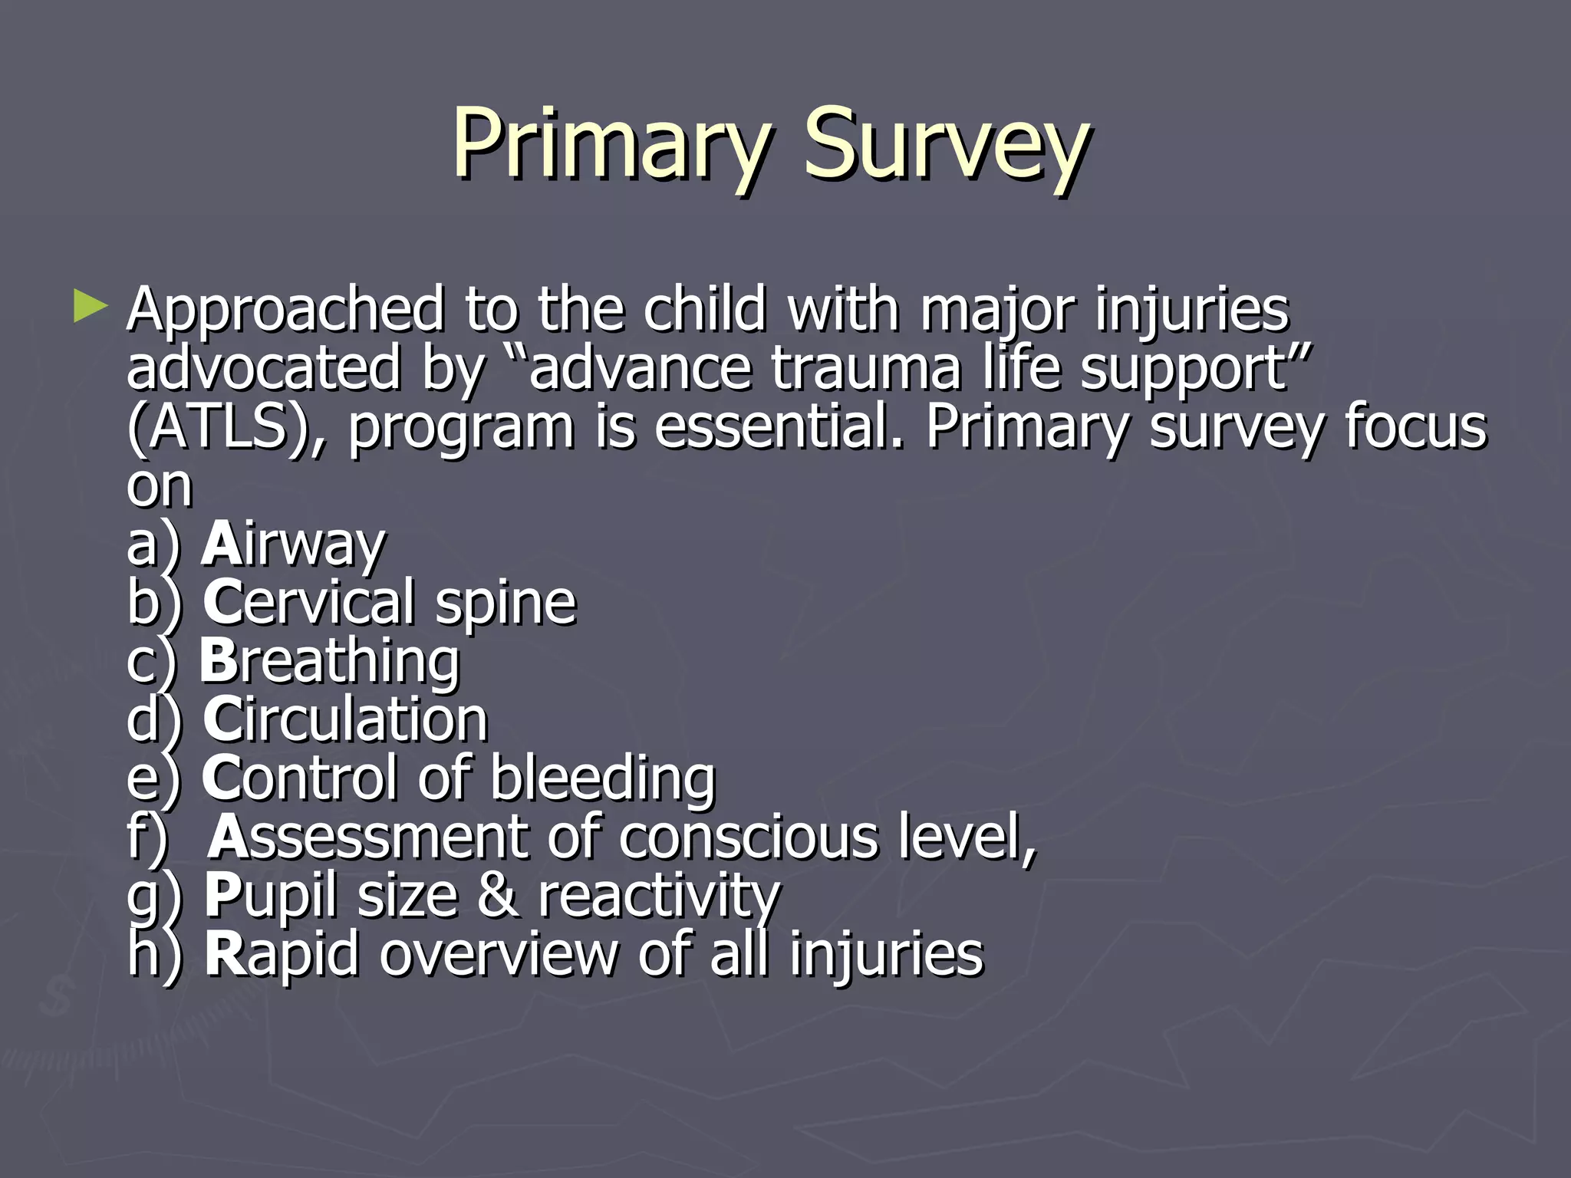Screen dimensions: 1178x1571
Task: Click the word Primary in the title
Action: click(x=610, y=144)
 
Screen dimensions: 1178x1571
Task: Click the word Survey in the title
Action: click(x=945, y=144)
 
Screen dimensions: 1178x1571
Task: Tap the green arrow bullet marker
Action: click(x=91, y=306)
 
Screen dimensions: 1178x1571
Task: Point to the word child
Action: click(x=704, y=309)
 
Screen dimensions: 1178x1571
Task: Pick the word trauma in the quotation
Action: click(x=865, y=368)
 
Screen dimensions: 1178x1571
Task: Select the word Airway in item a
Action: click(x=293, y=544)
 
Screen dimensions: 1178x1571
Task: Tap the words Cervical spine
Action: click(x=390, y=603)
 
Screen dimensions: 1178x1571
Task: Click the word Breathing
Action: click(x=330, y=661)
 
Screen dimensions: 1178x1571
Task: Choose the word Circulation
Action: click(x=345, y=720)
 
